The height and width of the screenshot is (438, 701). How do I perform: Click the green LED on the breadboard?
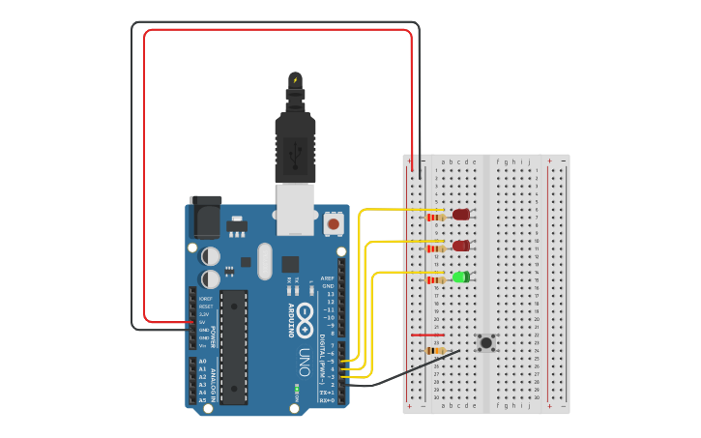461,277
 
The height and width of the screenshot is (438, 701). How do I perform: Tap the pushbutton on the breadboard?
486,342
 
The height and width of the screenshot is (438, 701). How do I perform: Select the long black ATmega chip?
233,347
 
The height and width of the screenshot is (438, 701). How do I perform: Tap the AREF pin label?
328,278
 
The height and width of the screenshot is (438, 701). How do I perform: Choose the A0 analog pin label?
202,361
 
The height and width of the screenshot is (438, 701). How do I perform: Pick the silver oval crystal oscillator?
265,261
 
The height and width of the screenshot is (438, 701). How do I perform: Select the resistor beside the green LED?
435,279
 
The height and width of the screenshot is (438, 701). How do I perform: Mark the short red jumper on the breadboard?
427,336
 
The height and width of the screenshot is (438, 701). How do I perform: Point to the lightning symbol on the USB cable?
295,79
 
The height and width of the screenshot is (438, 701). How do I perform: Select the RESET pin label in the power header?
205,307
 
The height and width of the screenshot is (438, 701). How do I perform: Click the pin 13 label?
329,294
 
